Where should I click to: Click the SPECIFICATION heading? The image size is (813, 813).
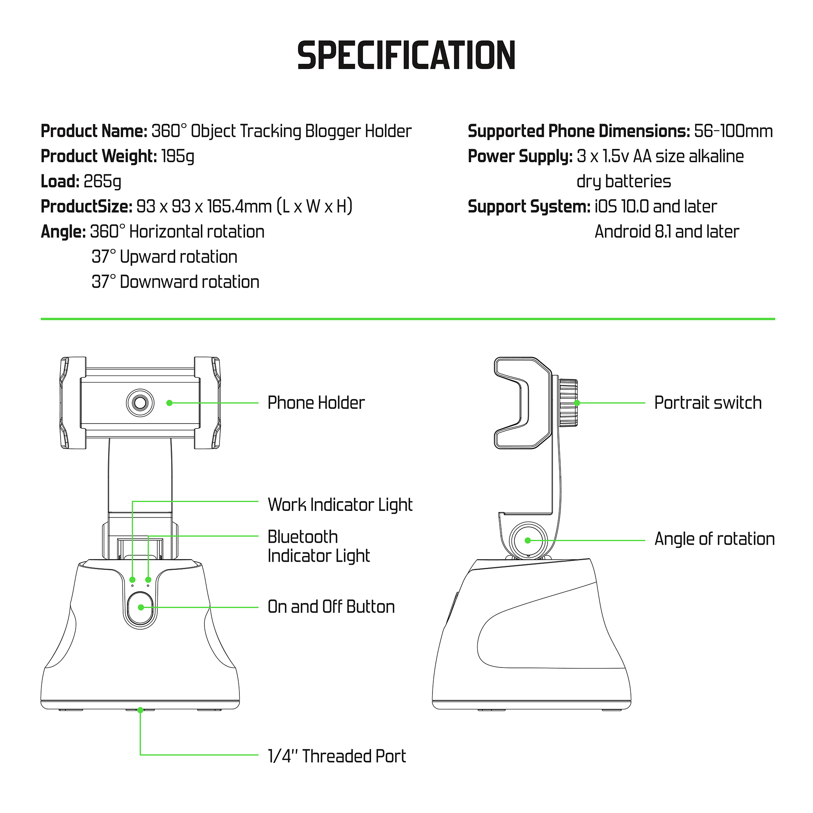coord(406,56)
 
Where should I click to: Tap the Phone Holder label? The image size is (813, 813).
coord(316,403)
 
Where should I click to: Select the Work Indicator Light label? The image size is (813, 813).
coord(340,504)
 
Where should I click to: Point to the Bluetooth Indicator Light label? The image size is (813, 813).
coord(319,546)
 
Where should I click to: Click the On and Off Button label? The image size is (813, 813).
coord(331,607)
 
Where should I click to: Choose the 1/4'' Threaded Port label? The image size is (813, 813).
coord(337,756)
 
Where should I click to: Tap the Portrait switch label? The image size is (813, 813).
coord(708,403)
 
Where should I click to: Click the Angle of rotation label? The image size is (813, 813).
coord(714,539)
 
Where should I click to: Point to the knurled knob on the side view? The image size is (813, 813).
coord(568,403)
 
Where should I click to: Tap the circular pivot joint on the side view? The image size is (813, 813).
coord(528,540)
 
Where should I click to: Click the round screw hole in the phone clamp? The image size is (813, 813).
coord(140,403)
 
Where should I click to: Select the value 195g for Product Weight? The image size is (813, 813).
coord(178,157)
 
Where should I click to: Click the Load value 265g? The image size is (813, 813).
coord(102,181)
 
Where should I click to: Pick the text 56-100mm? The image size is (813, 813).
coord(733,131)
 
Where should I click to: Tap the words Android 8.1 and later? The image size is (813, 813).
coord(667,232)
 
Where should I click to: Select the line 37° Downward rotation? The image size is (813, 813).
coord(176,282)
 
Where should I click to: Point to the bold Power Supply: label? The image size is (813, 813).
coord(520,157)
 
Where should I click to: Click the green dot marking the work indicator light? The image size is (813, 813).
coord(133,580)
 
